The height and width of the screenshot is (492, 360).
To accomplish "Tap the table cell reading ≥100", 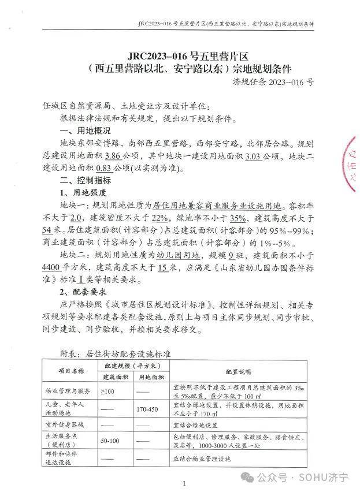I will pos(107,391).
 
